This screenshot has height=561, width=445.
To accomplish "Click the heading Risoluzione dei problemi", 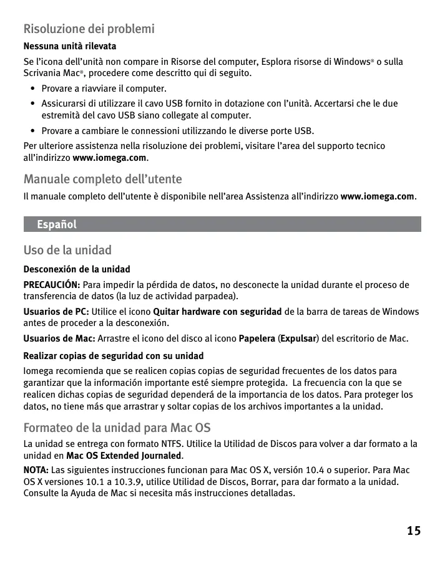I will pos(89,29).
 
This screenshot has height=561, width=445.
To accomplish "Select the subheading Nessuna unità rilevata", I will pos(70,47).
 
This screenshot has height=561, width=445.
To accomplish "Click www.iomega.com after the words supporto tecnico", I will pos(110,158).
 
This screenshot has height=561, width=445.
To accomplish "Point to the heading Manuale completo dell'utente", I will pos(102,180).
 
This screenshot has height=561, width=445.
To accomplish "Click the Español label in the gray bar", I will pos(57,224).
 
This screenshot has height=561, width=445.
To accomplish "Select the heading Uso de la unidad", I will pos(67,251).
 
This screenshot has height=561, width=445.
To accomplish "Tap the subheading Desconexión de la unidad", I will pos(77,269).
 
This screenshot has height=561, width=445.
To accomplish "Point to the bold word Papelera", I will pos(258,338).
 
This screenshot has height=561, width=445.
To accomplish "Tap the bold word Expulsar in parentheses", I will pos(298,338).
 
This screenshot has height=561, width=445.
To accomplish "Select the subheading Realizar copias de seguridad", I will pos(114,356).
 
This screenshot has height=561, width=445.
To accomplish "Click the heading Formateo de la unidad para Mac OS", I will pos(117,428).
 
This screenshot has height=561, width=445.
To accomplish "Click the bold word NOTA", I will pos(36,469).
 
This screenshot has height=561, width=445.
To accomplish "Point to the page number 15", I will pos(413,531).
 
